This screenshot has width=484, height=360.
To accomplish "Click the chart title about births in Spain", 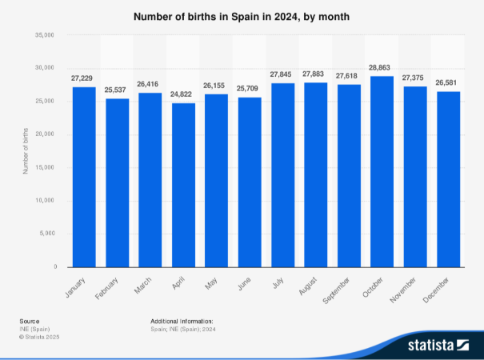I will coord(242,16).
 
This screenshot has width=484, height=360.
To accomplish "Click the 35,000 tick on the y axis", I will coord(43,35).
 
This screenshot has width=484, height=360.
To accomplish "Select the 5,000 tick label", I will coord(46,234).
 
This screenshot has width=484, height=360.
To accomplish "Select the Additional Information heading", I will coord(182,321).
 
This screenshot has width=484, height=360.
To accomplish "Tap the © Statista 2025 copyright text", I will coord(39,337).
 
